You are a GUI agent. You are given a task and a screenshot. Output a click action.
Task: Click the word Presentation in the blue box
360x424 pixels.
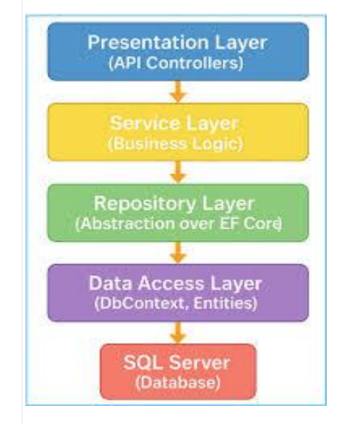point(148,42)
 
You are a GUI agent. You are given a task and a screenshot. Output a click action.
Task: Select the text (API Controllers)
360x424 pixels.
point(176,63)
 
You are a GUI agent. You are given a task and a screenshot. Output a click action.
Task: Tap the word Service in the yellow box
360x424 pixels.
point(145,123)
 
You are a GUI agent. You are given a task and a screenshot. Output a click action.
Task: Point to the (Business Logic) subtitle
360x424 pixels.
point(176,143)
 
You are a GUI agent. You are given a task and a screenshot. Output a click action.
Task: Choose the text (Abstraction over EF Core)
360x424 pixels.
point(179,224)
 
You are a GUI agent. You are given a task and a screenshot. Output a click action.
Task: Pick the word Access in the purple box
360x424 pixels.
point(171,284)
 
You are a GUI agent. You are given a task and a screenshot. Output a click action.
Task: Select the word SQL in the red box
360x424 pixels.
point(143,362)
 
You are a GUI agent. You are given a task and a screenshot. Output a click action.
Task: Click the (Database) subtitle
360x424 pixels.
point(178,383)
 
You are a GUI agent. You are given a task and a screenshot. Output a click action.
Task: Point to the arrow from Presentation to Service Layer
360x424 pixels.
point(179,92)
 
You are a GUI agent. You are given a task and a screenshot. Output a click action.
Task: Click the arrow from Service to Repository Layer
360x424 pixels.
point(179,172)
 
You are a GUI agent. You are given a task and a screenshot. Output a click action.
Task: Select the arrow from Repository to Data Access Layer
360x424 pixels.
point(179,252)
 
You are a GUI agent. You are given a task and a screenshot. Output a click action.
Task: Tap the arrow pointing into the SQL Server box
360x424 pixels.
point(179,332)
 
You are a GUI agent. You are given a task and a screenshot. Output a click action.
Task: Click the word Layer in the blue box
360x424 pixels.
point(241,43)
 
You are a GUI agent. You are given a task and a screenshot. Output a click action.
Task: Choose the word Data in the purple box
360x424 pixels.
point(111,284)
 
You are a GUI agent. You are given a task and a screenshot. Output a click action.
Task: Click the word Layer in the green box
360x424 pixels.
point(228,204)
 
